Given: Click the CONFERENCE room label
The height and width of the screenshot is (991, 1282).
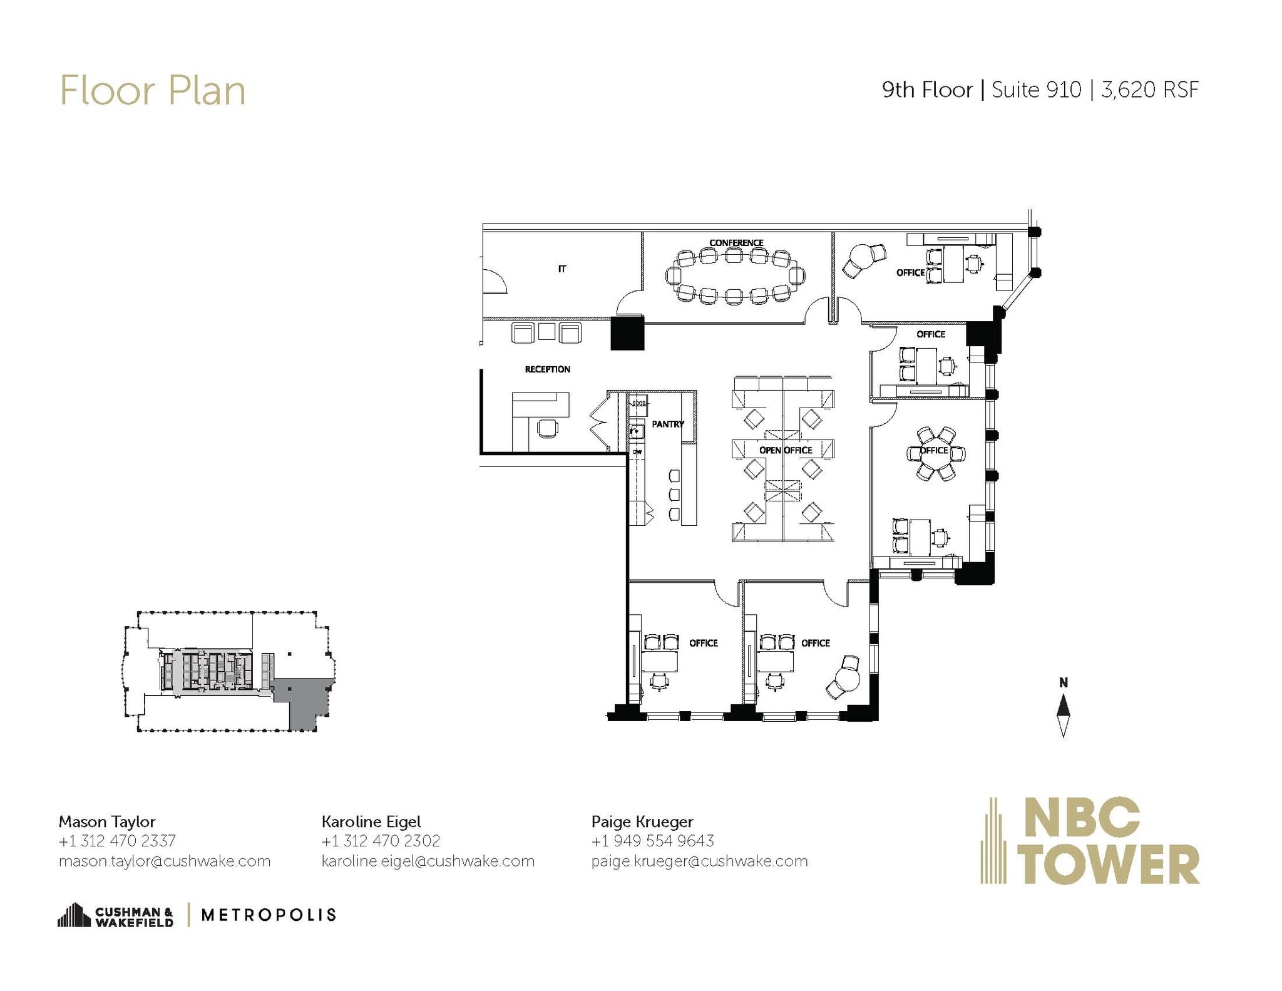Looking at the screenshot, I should (736, 243).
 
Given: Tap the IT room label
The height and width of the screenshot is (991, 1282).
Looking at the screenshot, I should (562, 269).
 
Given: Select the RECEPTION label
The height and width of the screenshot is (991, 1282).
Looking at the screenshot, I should (547, 369).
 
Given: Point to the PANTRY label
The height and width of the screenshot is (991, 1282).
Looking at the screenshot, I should (667, 424).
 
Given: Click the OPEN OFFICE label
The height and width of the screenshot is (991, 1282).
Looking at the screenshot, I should (785, 450).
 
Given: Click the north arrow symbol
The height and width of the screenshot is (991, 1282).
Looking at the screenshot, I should (1063, 711).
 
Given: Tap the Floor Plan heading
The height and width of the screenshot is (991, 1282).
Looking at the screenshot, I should (152, 91).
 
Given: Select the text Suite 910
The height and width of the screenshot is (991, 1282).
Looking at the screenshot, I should (1036, 90).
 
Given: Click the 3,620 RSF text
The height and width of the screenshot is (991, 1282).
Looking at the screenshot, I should (1149, 90).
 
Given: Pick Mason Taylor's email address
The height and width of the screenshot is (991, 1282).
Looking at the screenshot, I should (164, 861).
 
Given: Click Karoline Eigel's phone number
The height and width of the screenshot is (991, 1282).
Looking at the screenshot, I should (381, 841).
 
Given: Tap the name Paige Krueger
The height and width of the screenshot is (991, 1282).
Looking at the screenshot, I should (642, 821).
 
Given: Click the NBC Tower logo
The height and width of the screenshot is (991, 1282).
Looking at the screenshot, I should (1089, 841).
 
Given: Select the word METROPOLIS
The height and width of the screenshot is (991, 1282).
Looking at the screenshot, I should (269, 915).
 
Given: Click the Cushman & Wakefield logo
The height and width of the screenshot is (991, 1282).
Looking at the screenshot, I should (116, 915).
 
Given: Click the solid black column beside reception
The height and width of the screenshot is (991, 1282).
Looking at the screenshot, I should (627, 333).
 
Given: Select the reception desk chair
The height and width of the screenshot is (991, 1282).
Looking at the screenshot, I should (547, 429).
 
